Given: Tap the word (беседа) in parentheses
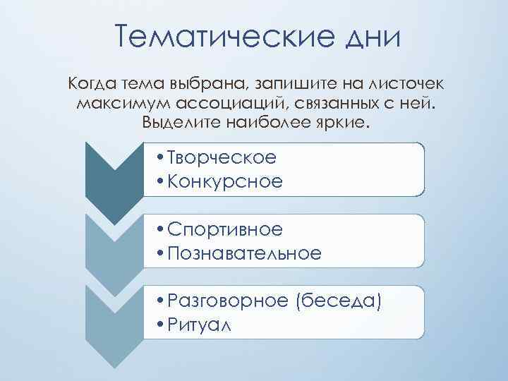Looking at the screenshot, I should point(340,302).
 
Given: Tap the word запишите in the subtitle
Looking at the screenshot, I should point(298,85).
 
